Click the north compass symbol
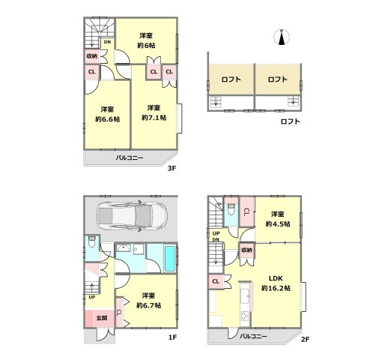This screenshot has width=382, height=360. (x=282, y=37)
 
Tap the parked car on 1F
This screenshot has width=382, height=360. (x=132, y=217)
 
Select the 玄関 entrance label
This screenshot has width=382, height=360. (x=102, y=318)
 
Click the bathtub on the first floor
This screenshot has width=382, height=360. (x=170, y=259)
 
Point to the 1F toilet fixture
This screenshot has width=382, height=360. (x=91, y=241)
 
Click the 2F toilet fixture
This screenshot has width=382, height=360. (x=231, y=209)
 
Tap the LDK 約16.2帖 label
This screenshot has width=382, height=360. (x=276, y=283)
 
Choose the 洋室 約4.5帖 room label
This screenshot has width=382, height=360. (x=278, y=219)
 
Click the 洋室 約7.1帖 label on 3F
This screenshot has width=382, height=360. (x=154, y=112)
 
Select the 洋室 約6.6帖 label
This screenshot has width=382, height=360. (x=107, y=114)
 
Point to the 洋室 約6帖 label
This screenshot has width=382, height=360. (x=146, y=40)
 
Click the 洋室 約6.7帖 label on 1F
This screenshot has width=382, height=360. (x=148, y=301)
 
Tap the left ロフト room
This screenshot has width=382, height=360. (x=231, y=79)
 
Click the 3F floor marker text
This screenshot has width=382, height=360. (x=172, y=168)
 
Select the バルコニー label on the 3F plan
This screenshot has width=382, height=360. (x=130, y=158)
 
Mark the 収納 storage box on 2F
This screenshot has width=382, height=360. (x=246, y=250)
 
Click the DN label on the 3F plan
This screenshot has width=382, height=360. (x=107, y=42)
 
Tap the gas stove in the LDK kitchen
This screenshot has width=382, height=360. (x=244, y=316)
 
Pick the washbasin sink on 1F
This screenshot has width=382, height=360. (x=124, y=248)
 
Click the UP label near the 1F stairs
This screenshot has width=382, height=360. (x=92, y=297)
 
